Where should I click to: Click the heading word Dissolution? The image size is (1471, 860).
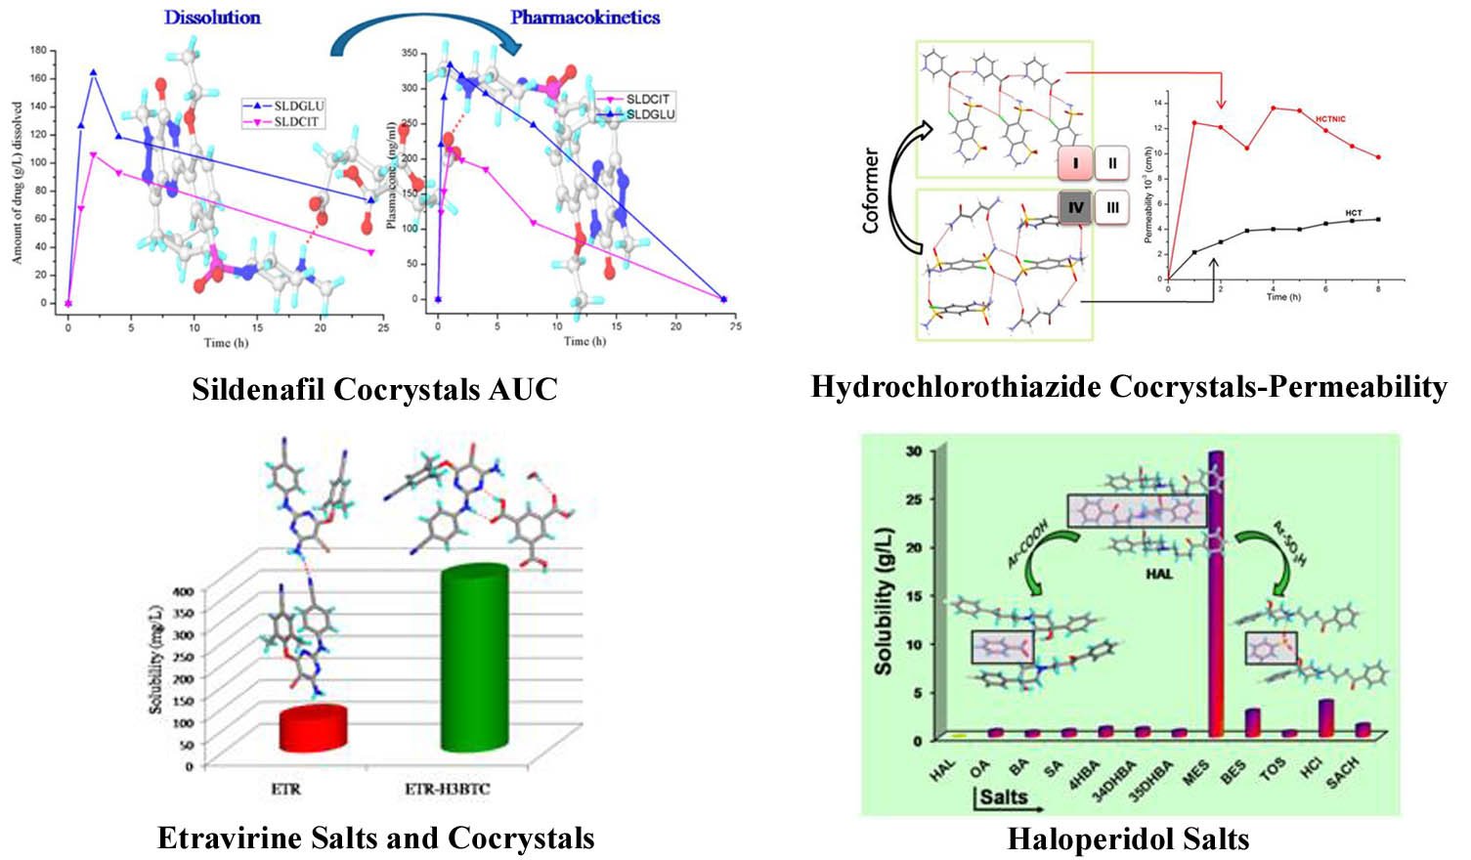coord(212,18)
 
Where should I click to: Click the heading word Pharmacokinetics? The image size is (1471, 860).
coord(584,18)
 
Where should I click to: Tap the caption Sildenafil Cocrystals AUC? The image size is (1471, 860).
coord(374,389)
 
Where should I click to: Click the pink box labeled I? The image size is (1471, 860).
coord(1076,163)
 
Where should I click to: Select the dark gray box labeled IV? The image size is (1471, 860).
coord(1075,207)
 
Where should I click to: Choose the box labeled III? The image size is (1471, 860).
coord(1112,207)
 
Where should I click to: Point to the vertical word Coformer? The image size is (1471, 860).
coord(870,191)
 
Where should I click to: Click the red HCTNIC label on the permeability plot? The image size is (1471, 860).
coord(1330,119)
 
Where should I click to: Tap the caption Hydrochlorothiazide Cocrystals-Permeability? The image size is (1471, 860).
coord(1129,387)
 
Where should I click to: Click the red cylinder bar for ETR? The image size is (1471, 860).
coord(313,728)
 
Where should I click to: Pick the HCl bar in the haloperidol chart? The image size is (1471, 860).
coord(1326,717)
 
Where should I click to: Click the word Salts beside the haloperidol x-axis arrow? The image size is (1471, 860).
coord(1003,795)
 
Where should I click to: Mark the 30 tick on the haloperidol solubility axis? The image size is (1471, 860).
coord(913,451)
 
